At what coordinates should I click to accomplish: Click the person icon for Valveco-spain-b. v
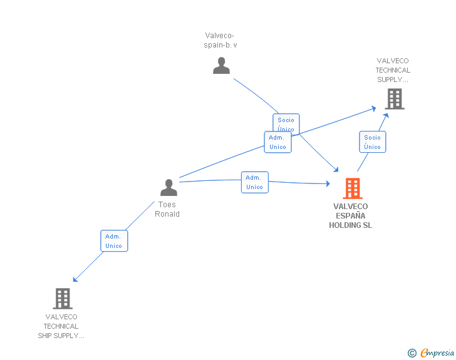[221, 66]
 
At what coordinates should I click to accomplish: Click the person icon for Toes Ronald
[168, 188]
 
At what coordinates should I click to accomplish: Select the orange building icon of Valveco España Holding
[353, 188]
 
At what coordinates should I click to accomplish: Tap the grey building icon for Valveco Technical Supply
[394, 99]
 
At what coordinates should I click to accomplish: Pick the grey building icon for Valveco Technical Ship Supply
[63, 299]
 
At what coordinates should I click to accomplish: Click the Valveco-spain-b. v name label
[220, 41]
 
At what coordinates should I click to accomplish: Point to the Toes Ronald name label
[167, 209]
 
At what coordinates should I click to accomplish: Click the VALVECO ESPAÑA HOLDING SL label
[350, 216]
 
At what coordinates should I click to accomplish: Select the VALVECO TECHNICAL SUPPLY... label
[393, 70]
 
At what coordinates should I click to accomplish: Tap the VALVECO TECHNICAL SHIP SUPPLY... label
[61, 326]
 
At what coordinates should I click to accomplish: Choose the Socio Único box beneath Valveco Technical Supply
[372, 142]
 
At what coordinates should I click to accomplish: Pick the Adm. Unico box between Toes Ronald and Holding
[254, 182]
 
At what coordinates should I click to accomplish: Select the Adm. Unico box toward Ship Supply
[114, 241]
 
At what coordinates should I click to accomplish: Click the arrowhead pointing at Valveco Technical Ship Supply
[75, 279]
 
